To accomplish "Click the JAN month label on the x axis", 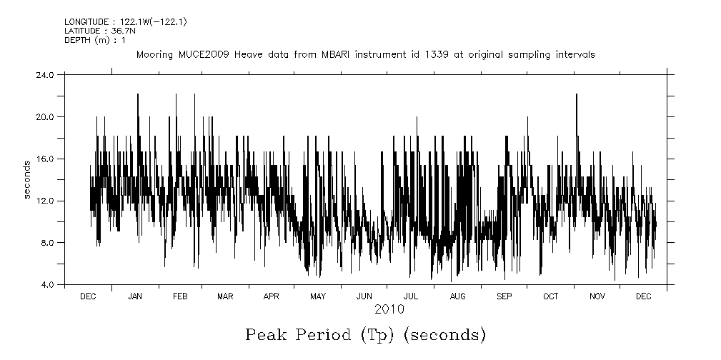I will pyautogui.click(x=134, y=296).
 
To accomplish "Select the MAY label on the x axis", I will pyautogui.click(x=317, y=296).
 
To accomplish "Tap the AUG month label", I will pyautogui.click(x=457, y=296).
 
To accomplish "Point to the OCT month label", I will pyautogui.click(x=550, y=296).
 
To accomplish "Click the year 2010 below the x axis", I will pyautogui.click(x=389, y=309).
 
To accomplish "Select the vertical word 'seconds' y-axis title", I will pyautogui.click(x=27, y=180).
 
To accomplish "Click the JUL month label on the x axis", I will pyautogui.click(x=411, y=296).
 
